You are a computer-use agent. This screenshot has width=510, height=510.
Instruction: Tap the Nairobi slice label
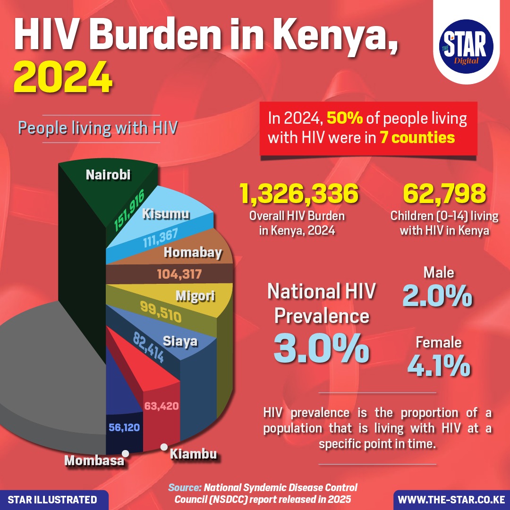(108, 175)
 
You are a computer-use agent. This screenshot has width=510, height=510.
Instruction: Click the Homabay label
(193, 253)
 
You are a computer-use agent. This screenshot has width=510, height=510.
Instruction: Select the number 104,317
(178, 274)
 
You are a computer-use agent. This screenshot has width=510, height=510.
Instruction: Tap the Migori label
(195, 297)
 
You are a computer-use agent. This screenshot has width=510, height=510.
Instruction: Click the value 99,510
(161, 312)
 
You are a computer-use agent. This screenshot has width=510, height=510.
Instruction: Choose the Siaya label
(180, 341)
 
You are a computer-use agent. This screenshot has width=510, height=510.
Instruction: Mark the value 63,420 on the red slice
(161, 406)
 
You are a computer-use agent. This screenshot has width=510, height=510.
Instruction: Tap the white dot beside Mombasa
(125, 453)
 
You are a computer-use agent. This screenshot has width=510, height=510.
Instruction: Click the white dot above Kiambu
(164, 447)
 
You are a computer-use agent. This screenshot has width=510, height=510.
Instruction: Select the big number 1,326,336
(299, 195)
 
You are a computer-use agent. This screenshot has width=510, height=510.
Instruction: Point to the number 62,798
(445, 195)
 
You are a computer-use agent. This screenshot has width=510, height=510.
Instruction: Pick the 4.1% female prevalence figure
(439, 365)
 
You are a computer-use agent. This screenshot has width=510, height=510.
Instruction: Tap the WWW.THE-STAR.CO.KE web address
(451, 500)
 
